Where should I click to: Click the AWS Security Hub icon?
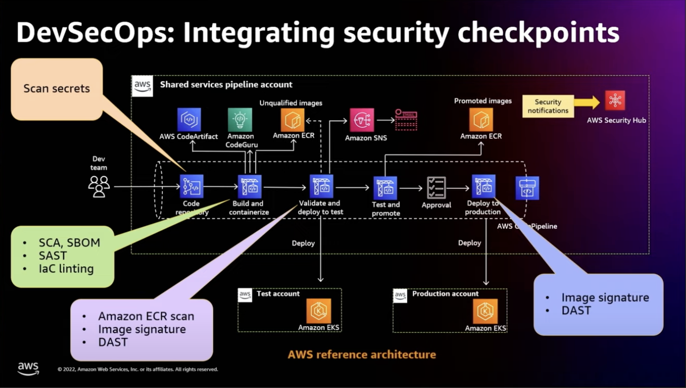tap(615, 101)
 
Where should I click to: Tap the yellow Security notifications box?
tap(548, 107)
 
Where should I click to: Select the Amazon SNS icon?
tap(362, 121)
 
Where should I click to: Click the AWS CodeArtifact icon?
tap(189, 120)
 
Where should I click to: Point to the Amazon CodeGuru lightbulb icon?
tap(240, 120)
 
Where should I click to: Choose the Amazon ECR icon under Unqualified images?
tap(293, 120)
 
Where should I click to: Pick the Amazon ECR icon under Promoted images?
tap(481, 120)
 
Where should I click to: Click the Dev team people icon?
tap(99, 186)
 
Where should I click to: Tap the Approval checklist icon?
tap(436, 188)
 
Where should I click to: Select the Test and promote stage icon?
tap(385, 188)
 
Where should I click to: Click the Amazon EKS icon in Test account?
tap(319, 311)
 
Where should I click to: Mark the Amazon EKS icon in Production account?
tap(485, 312)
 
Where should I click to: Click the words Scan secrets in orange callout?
tap(57, 88)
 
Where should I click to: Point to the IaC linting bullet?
tap(66, 269)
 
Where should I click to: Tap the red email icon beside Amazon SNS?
tap(406, 120)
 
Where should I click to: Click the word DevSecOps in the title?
tap(94, 33)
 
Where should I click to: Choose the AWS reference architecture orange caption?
tap(362, 355)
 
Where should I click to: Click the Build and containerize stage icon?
tap(249, 187)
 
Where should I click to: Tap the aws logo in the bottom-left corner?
tap(28, 369)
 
